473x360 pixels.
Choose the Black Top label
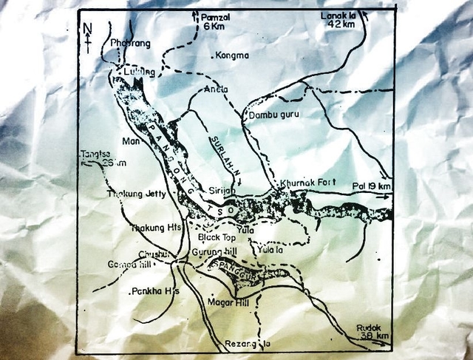tap(217, 237)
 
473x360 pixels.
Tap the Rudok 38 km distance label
tap(370, 330)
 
